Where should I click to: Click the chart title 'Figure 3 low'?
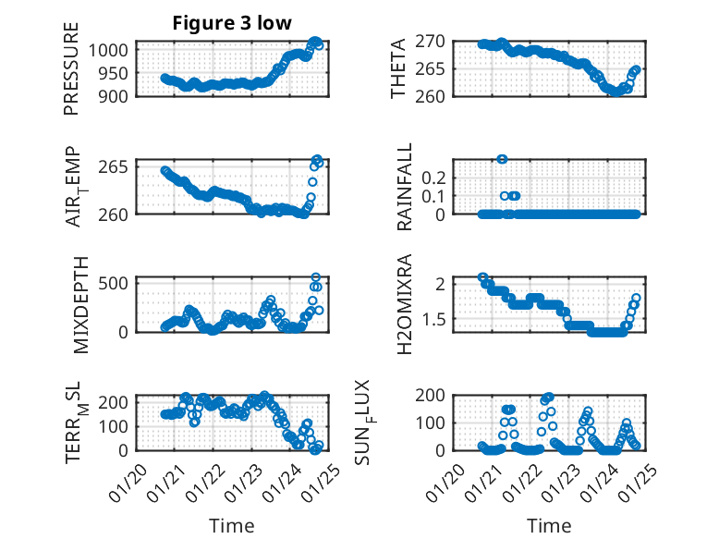[x=232, y=23]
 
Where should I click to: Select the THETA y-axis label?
[x=398, y=67]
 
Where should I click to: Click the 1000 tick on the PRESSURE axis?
[x=112, y=50]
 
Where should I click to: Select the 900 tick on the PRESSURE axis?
[x=116, y=95]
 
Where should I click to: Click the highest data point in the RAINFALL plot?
[x=502, y=159]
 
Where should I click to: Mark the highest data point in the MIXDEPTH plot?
[x=316, y=277]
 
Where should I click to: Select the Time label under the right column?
[x=549, y=525]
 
